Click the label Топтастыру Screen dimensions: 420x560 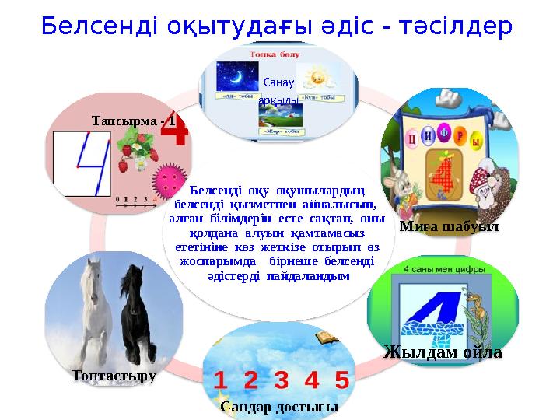(114, 376)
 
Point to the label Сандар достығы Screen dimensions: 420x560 (279, 407)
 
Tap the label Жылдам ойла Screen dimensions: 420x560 (443, 352)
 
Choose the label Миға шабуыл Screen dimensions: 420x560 (450, 226)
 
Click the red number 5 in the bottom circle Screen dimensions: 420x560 (341, 380)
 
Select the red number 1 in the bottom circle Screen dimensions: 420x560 (221, 380)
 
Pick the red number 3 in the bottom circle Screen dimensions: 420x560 (281, 380)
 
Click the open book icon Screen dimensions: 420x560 (325, 337)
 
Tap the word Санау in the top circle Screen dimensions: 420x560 (278, 82)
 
